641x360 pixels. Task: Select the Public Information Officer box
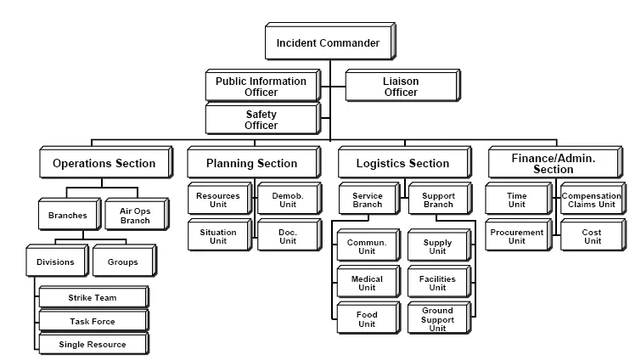coord(260,87)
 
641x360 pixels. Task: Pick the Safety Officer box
coord(260,120)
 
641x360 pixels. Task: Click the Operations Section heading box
coord(104,163)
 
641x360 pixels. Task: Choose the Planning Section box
coord(252,163)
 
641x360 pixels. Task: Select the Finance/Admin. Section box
coord(554,163)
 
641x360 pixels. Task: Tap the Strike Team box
coord(93,297)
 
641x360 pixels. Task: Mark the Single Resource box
coord(93,344)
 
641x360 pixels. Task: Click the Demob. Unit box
coord(282,200)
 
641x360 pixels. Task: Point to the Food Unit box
coord(367,319)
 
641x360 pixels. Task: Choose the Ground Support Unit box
coord(437,319)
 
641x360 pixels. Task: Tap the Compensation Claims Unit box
coord(591,200)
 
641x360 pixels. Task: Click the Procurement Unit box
coord(517,236)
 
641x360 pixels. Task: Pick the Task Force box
coord(93,321)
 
